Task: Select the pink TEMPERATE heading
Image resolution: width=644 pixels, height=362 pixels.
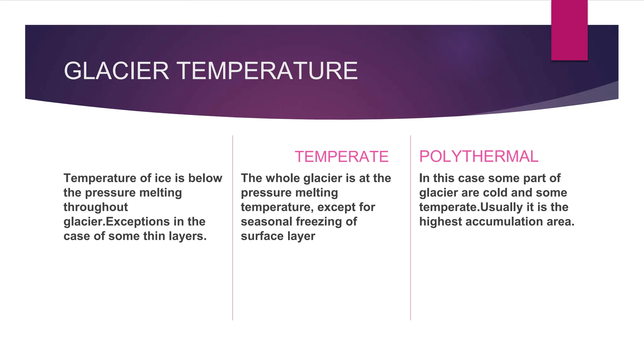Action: coord(341,156)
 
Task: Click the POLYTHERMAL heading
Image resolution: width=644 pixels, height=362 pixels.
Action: coord(479,156)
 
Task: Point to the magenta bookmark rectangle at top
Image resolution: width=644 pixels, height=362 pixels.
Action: coord(569,30)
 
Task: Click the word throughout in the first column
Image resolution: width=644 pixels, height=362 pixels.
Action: coord(96,207)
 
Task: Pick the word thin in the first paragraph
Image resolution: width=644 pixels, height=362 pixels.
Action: coord(154,236)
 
